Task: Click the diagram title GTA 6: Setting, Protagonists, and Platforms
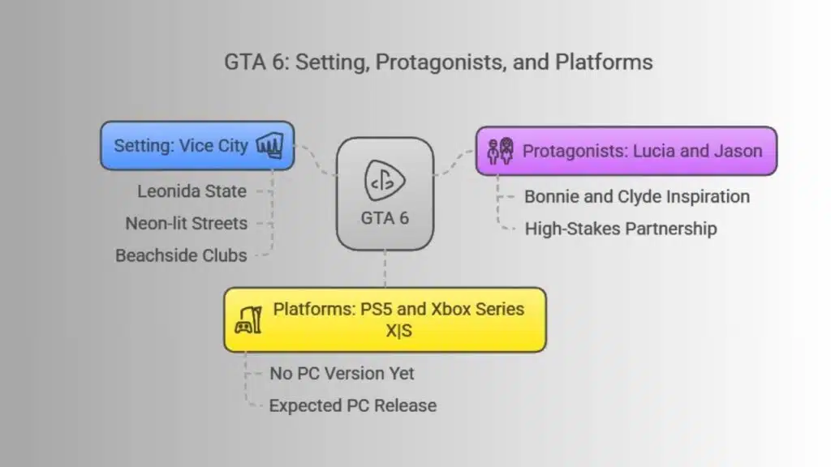[x=438, y=62]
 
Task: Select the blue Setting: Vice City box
[x=197, y=146]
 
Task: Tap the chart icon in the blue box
[x=269, y=145]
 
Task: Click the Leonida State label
[x=192, y=191]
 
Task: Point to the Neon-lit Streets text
[x=187, y=224]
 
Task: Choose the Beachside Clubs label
[x=181, y=255]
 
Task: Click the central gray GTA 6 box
[x=385, y=194]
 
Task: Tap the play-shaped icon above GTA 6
[x=385, y=181]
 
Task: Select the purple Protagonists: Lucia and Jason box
[x=626, y=151]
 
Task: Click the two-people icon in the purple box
[x=500, y=151]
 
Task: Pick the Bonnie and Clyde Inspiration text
[x=637, y=197]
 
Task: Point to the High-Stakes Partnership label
[x=621, y=229]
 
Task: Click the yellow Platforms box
[x=385, y=319]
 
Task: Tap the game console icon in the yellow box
[x=248, y=319]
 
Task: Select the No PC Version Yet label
[x=342, y=374]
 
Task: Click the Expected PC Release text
[x=353, y=405]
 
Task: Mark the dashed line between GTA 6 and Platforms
[x=385, y=269]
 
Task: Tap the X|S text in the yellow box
[x=398, y=331]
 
